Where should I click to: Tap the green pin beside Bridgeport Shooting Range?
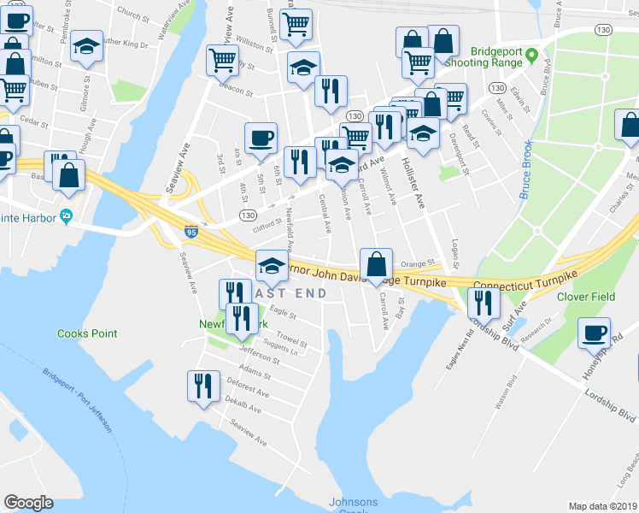tap(531, 57)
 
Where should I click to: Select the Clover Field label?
tap(587, 297)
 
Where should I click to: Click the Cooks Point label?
tap(84, 333)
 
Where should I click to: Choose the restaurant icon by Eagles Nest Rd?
tap(484, 303)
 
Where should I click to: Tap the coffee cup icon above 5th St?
tap(261, 136)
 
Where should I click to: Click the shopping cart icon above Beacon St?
tap(222, 60)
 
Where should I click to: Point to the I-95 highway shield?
tap(191, 231)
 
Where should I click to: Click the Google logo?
tap(28, 503)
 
